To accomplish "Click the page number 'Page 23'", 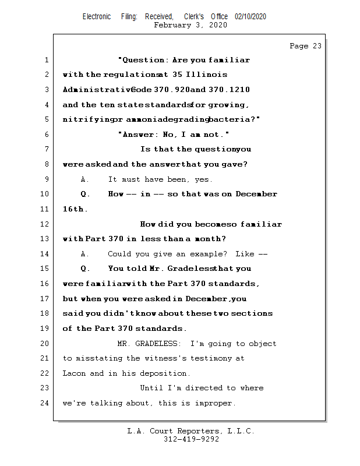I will coord(305,47).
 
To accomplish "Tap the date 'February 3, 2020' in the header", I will coord(190,25).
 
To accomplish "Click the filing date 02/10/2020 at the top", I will coord(250,17).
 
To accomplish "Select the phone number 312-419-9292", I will coord(191,439).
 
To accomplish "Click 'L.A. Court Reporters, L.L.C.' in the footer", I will coord(191,431).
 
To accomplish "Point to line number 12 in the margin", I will coord(45,224).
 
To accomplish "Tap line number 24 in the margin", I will coord(45,403).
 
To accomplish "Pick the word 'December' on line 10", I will coord(256,194).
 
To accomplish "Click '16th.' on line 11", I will coord(75,209).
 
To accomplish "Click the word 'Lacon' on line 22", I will coord(74,373).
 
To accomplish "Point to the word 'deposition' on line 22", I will coord(165,373).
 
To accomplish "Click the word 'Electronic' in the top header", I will coord(97,17).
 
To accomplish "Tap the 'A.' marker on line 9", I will coord(84,179).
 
